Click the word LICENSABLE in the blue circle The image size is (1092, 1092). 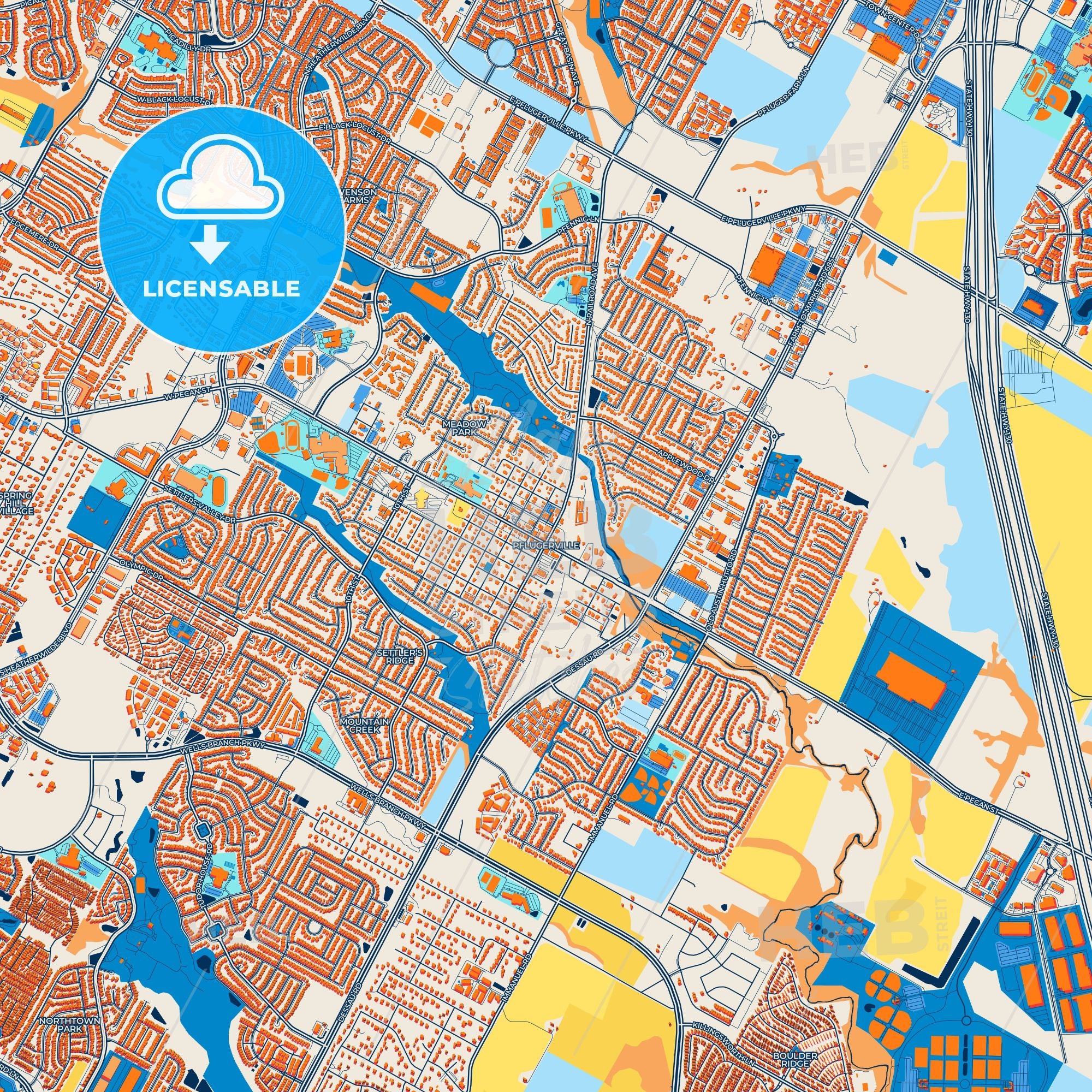tap(221, 289)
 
